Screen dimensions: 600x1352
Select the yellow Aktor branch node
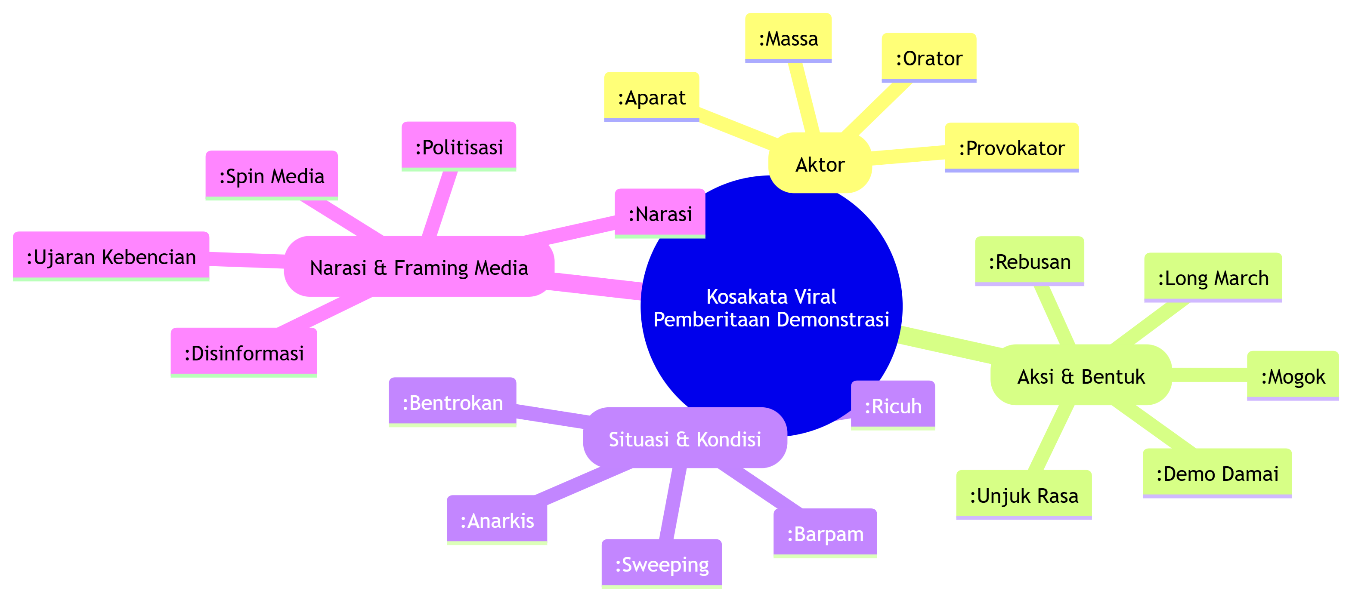820,165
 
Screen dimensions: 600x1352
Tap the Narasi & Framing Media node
419,268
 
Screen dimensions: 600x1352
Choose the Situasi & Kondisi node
684,439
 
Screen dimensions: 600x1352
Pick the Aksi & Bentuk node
1081,376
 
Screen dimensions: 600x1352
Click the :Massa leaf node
788,38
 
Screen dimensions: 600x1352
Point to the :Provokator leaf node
1012,148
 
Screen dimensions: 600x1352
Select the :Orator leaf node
928,58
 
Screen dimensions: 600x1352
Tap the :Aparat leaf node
651,98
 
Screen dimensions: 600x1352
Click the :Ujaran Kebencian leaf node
111,257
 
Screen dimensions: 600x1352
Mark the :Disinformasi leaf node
244,353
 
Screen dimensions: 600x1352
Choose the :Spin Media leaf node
271,176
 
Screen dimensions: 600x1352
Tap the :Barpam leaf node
825,533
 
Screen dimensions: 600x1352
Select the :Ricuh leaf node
892,406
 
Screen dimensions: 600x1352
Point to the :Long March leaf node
1213,277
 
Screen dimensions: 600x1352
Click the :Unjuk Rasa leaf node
1024,495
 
